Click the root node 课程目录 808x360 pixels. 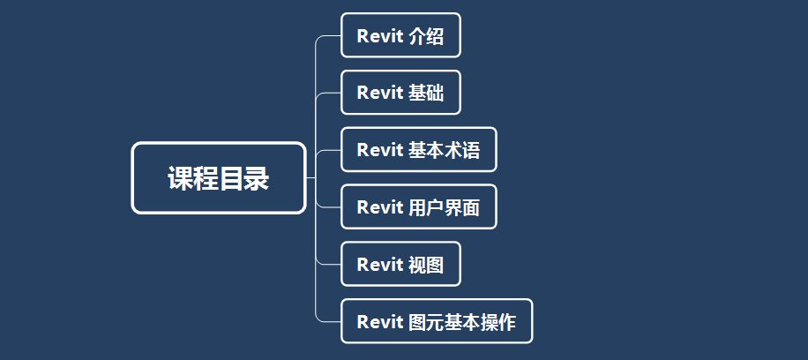click(x=219, y=178)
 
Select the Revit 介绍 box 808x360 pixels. click(x=400, y=35)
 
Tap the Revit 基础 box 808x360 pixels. click(x=400, y=93)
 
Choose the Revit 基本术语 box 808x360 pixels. click(x=419, y=150)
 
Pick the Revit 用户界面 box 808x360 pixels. click(x=419, y=206)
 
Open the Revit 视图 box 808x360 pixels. click(x=400, y=264)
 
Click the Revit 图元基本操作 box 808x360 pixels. click(x=437, y=321)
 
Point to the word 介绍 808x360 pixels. click(x=426, y=36)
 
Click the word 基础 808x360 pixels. click(x=426, y=94)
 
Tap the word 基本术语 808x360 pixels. click(x=445, y=151)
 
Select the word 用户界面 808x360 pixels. click(x=445, y=208)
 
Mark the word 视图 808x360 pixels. click(x=426, y=265)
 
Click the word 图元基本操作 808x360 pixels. click(x=462, y=322)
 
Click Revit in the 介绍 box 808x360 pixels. click(x=380, y=36)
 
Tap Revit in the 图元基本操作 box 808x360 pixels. click(x=380, y=322)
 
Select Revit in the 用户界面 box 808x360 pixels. click(x=380, y=208)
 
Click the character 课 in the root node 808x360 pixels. click(x=180, y=178)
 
